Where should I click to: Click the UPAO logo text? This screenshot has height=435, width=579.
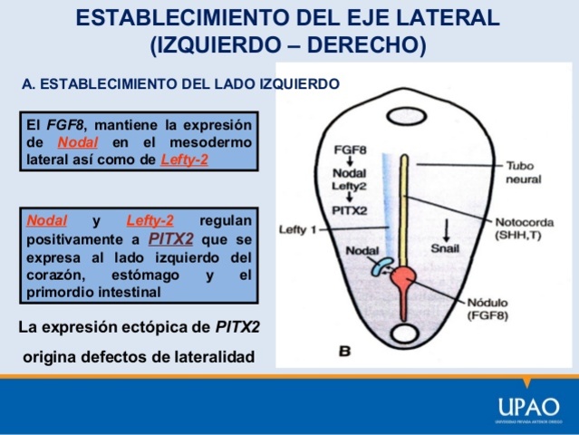tap(528, 406)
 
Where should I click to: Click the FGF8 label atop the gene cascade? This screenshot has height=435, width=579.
tap(350, 149)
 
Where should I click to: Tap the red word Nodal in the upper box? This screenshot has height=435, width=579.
tap(78, 143)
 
